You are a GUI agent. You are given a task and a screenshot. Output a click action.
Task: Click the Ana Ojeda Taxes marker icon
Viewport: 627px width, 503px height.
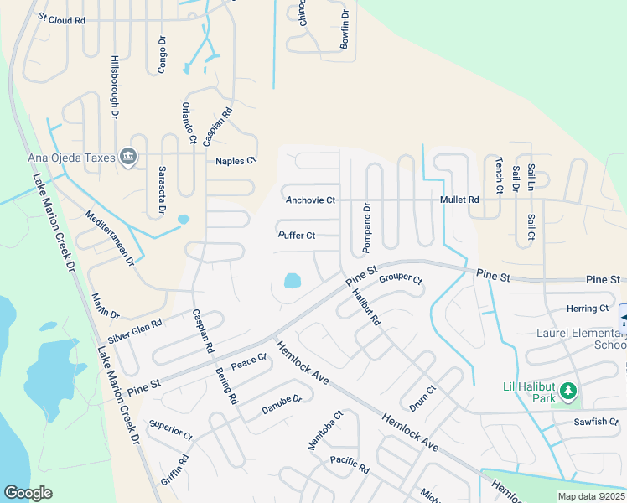pos(128,157)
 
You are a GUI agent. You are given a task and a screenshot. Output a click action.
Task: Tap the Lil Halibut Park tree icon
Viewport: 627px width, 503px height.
pos(569,391)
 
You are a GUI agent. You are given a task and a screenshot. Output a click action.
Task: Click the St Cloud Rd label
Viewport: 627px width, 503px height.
pos(62,18)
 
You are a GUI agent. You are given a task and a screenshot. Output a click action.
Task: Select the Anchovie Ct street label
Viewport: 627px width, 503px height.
pos(310,200)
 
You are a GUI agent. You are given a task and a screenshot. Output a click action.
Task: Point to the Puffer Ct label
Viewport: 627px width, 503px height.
pos(297,236)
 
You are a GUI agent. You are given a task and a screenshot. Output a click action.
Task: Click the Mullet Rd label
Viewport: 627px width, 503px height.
pos(459,200)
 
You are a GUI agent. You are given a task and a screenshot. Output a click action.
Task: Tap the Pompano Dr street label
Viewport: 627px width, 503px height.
pos(366,227)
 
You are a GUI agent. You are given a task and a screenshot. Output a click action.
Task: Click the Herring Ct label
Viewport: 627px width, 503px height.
pos(588,309)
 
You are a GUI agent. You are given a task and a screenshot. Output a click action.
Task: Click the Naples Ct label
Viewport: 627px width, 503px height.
pos(235,161)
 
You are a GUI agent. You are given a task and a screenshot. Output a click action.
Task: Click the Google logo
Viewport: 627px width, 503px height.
pos(28,493)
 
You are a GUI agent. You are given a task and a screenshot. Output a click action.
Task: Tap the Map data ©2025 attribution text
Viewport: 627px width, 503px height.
pos(590,496)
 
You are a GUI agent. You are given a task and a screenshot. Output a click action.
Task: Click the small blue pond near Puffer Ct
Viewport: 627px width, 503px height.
pos(292,280)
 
